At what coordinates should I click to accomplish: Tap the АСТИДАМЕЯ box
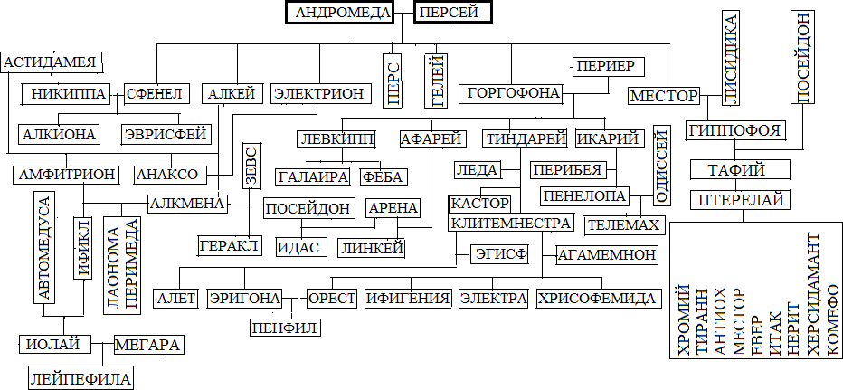point(52,62)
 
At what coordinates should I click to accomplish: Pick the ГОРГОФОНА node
point(510,93)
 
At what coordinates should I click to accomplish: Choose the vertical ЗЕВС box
point(252,165)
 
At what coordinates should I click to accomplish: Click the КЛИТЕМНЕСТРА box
point(511,223)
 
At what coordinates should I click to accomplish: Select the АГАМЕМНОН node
point(607,255)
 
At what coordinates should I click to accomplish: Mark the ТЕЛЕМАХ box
point(625,223)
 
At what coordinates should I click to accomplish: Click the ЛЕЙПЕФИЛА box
point(81,378)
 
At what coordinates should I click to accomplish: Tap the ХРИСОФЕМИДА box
point(597,299)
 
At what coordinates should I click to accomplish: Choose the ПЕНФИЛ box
point(286,327)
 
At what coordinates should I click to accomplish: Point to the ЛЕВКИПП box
point(336,140)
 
